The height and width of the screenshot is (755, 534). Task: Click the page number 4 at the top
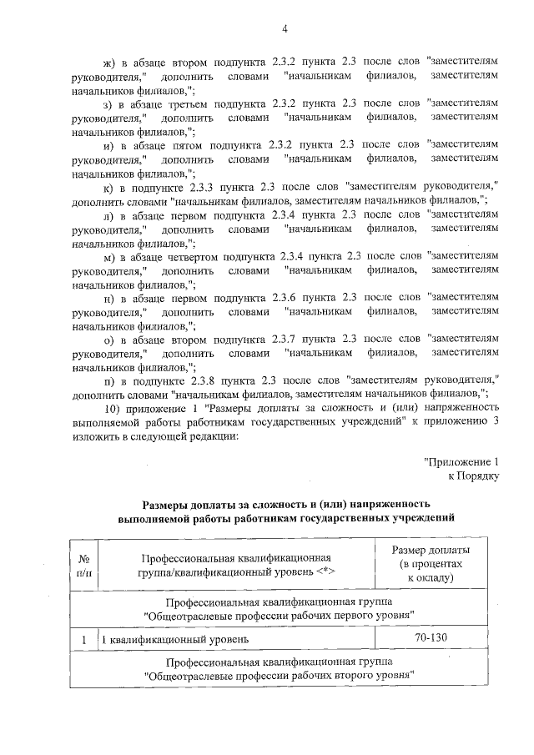point(284,31)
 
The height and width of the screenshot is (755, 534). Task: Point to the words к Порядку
point(473,476)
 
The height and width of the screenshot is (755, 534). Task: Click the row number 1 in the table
point(83,639)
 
